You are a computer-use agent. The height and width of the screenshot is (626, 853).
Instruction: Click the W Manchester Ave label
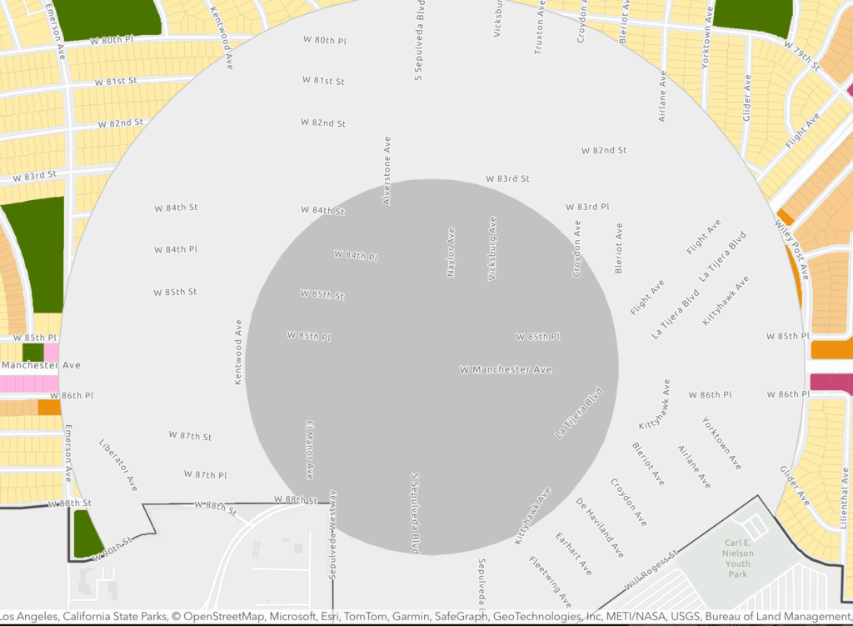click(506, 369)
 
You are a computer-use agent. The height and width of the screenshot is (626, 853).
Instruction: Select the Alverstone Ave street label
click(387, 171)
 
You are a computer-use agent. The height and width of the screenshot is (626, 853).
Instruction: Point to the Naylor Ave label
click(451, 252)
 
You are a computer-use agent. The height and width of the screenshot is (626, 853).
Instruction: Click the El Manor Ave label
click(309, 449)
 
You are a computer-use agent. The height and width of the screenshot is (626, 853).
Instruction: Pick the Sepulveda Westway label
click(332, 534)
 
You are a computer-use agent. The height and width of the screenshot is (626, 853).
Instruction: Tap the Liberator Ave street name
click(118, 465)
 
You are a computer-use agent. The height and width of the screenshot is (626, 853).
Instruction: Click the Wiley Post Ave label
click(791, 248)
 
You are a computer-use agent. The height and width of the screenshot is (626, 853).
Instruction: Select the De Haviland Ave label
click(600, 528)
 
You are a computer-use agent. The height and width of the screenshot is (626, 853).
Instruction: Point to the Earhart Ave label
click(573, 553)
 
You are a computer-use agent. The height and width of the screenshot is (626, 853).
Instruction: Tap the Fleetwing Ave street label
click(551, 581)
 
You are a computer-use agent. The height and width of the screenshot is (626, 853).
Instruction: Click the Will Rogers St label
click(651, 566)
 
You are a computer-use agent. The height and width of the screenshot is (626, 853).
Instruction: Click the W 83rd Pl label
click(587, 207)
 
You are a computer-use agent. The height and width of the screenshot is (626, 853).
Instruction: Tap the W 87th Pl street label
click(205, 474)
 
